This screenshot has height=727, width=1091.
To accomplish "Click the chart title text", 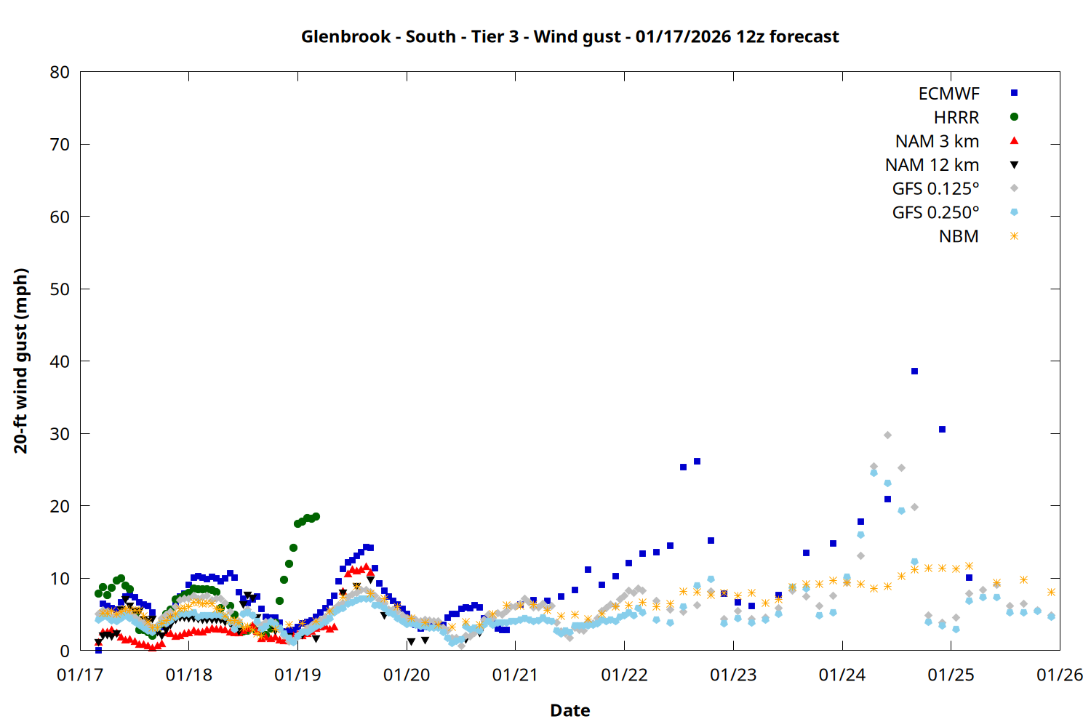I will [570, 36].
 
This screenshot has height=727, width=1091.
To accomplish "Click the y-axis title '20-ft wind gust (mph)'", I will [21, 361].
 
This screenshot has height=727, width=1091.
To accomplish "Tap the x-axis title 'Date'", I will [570, 710].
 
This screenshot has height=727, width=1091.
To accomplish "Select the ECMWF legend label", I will [948, 94].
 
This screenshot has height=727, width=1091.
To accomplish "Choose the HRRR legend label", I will [956, 118].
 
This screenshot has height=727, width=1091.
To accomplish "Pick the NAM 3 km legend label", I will [937, 141].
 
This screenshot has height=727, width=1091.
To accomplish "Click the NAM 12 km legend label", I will [932, 165].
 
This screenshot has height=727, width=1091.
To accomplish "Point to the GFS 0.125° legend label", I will [935, 189].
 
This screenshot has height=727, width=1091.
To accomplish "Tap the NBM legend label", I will [959, 236].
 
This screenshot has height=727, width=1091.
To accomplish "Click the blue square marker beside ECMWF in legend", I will [1014, 93].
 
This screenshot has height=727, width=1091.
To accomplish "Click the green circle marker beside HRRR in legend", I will [1014, 117].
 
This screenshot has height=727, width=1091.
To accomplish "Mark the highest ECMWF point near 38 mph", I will [914, 371].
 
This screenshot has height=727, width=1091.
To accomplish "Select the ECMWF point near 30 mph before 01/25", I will [942, 430].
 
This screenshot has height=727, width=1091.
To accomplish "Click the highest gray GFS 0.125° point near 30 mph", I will [887, 435].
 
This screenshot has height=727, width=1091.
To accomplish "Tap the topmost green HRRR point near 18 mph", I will [316, 517].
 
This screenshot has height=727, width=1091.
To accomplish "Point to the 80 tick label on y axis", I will [60, 72].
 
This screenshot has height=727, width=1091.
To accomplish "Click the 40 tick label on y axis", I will [60, 361].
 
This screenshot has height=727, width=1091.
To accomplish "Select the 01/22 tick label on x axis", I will [624, 675].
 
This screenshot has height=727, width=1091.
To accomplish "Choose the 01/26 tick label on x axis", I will [1059, 675].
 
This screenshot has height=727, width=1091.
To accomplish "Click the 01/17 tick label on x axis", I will [80, 675].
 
